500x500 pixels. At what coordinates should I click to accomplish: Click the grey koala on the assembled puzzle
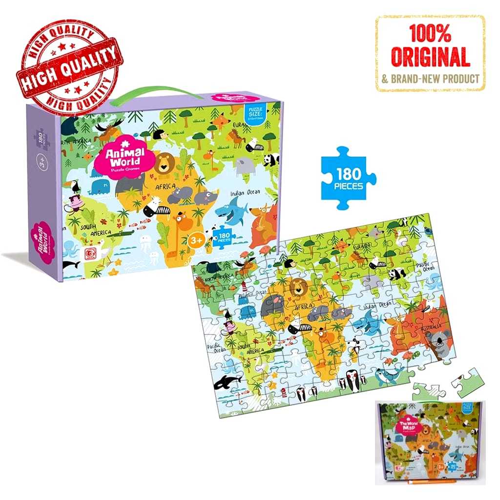tap(439, 345)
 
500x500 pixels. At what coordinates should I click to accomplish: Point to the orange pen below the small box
tap(439, 481)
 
